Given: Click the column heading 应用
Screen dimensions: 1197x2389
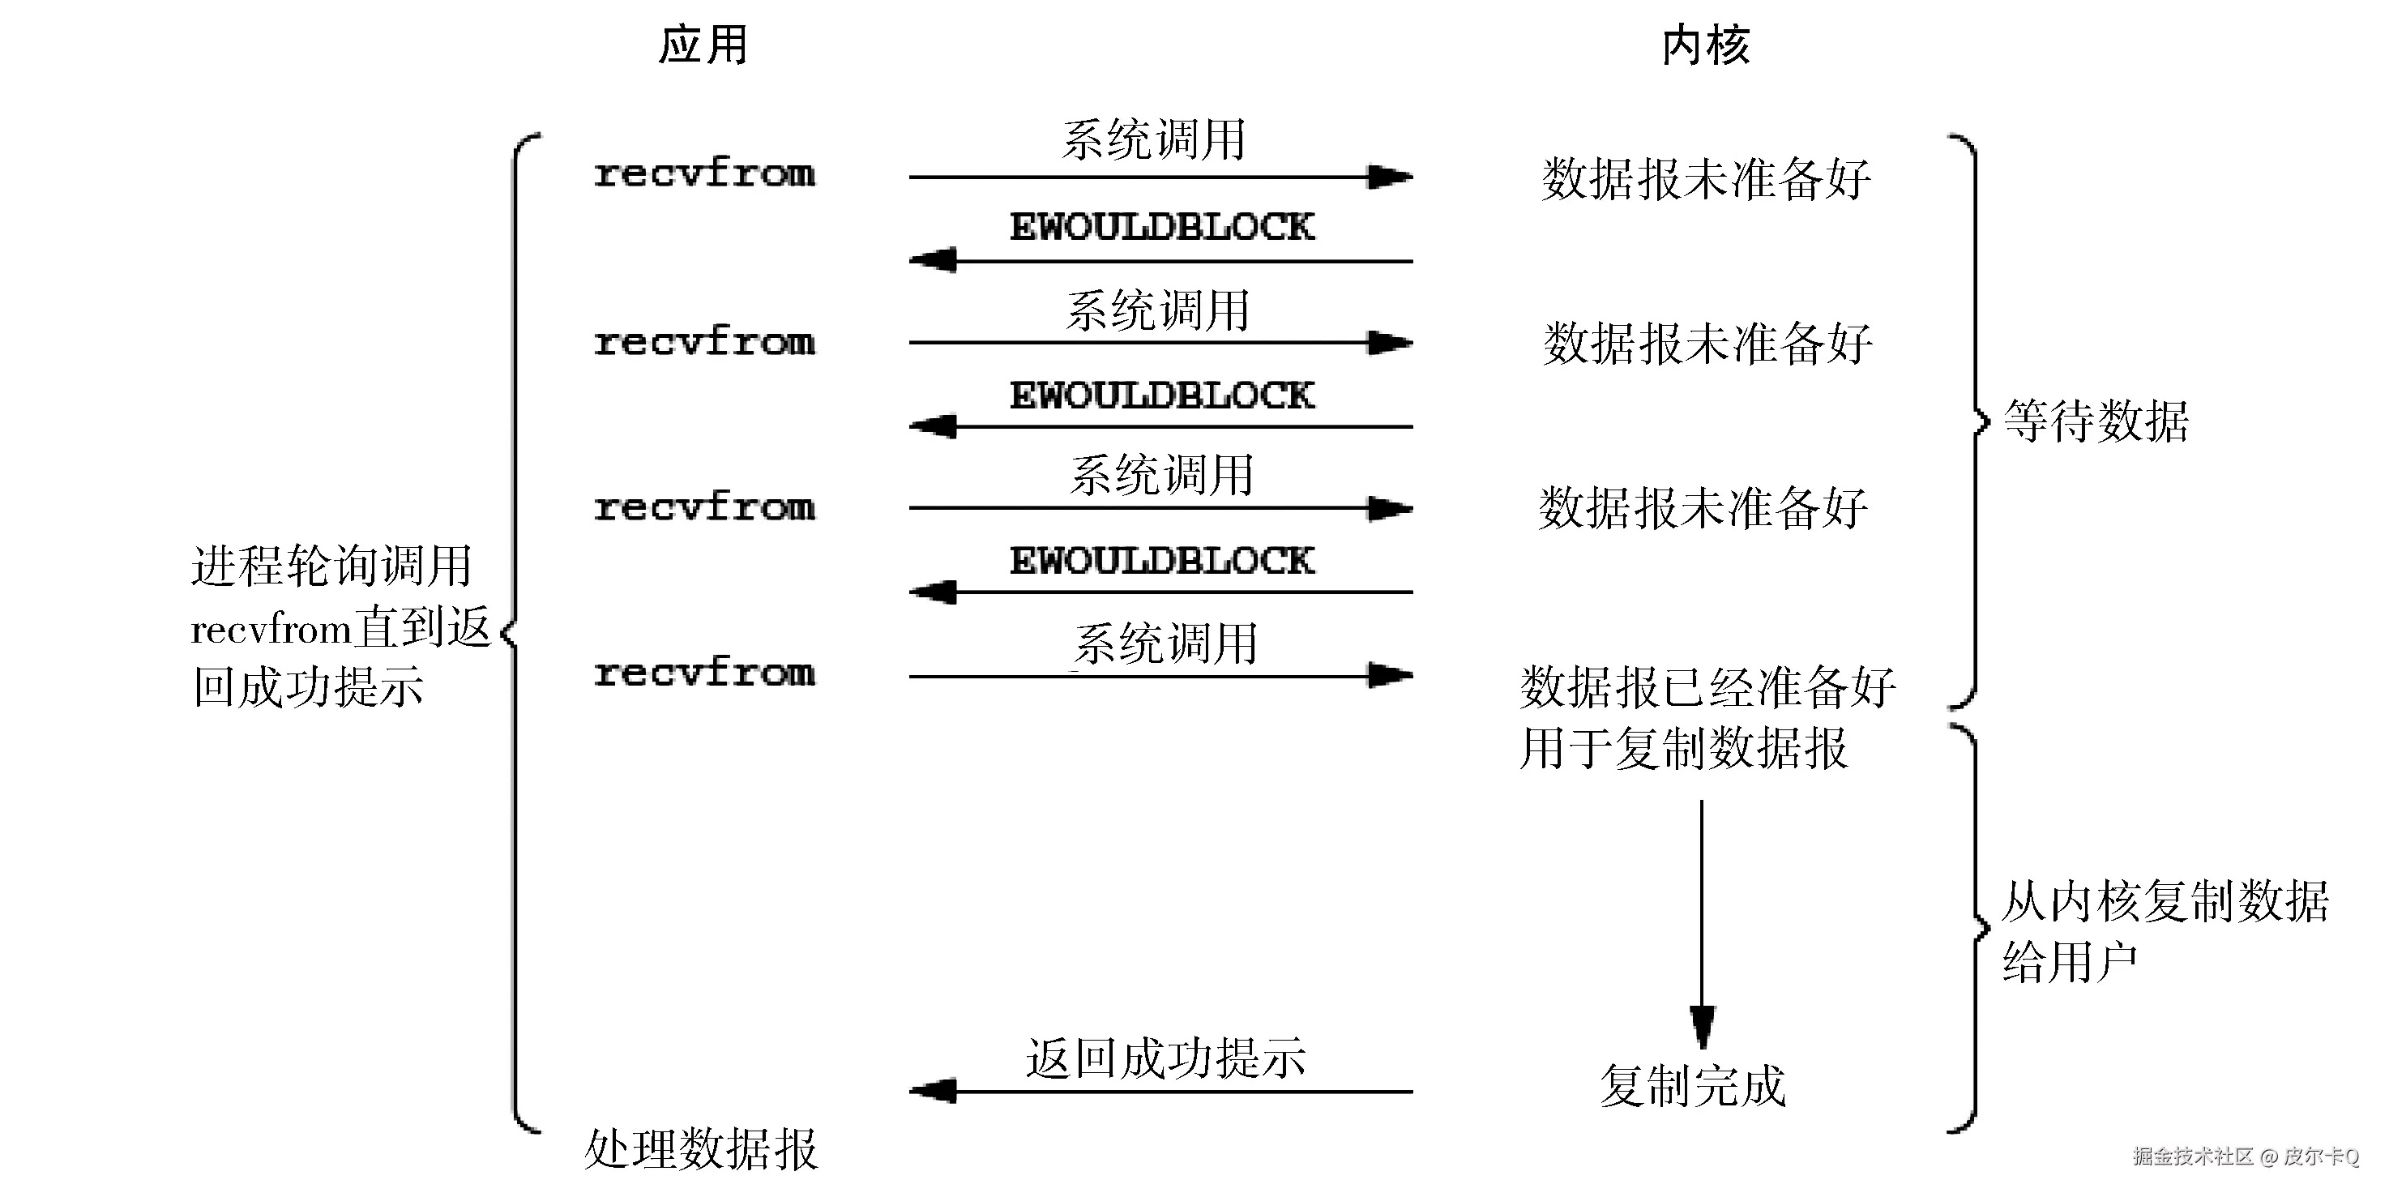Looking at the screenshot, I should pos(703,45).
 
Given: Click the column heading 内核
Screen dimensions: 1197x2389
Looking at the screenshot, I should pos(1706,45).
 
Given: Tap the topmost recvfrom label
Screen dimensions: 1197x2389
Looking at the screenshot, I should pos(704,173).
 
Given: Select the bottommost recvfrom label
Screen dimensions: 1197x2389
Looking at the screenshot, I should pos(704,672).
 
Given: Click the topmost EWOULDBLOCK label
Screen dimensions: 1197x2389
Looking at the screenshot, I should pos(1161,227).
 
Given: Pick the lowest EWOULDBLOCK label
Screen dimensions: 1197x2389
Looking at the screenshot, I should pos(1161,561).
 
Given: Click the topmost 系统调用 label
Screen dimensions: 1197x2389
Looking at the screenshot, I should pos(1153,140).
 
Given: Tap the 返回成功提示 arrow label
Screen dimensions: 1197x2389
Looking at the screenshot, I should pos(1166,1058).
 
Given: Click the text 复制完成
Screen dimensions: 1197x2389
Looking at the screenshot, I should pos(1693,1086).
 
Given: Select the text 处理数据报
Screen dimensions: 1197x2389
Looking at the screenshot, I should pos(701,1150).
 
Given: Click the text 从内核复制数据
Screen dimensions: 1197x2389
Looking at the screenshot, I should pos(2165,901).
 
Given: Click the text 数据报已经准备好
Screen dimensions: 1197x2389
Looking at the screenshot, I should pos(1707,687).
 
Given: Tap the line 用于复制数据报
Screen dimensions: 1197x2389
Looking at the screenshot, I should pos(1683,748).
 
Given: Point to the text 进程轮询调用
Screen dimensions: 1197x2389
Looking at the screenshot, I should pos(331,566).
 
